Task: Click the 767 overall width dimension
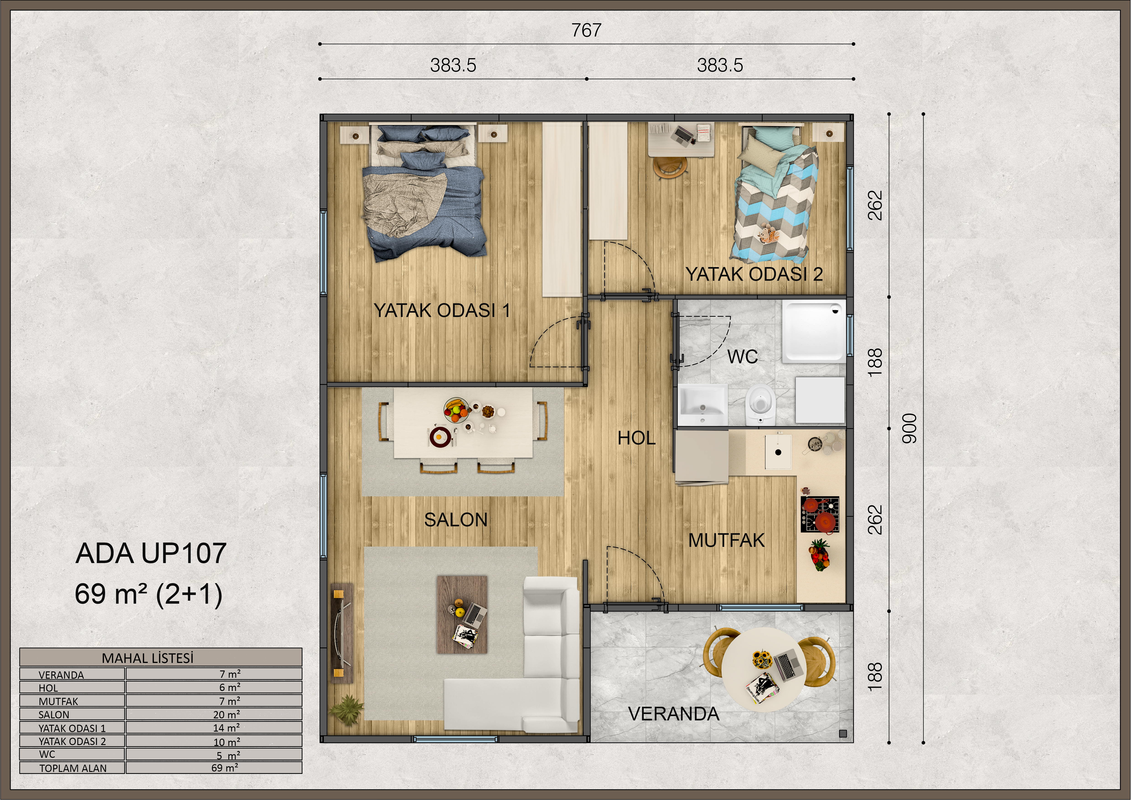click(586, 31)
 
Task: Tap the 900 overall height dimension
click(909, 428)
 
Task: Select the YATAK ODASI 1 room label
click(442, 311)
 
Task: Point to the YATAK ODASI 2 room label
click(754, 274)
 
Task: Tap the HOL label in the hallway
click(636, 438)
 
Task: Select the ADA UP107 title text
click(151, 553)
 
